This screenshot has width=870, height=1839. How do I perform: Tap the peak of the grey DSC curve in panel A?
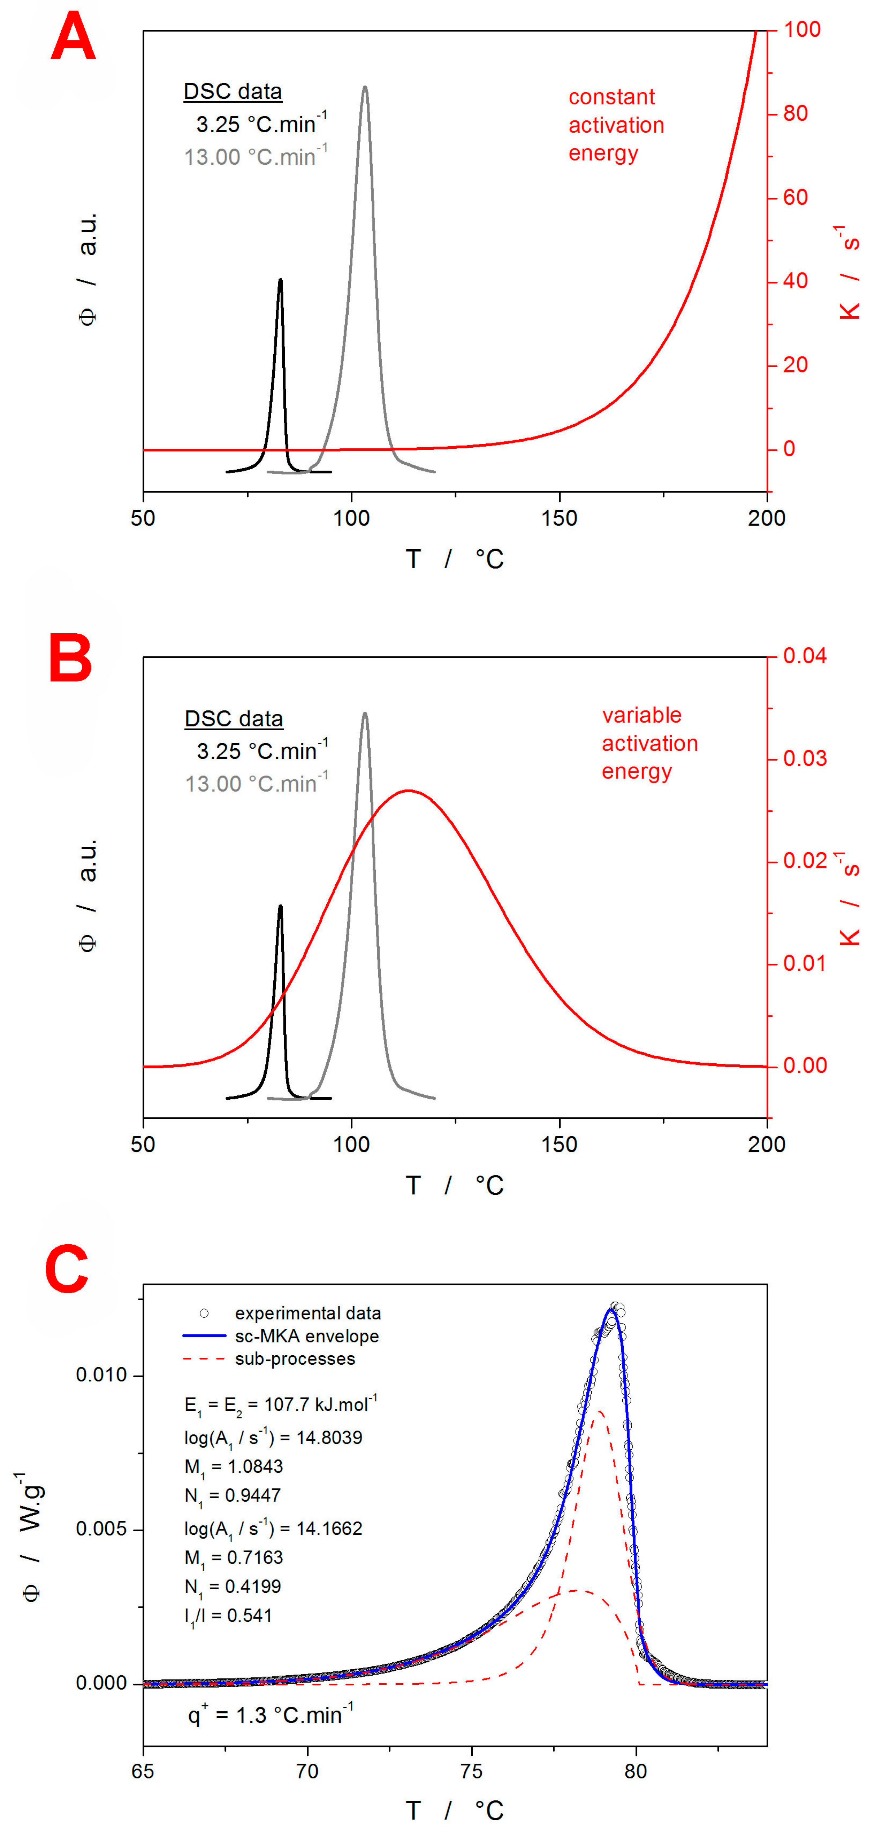click(x=365, y=88)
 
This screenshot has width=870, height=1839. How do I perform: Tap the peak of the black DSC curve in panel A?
click(x=280, y=280)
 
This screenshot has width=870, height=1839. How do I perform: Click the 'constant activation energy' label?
click(x=616, y=125)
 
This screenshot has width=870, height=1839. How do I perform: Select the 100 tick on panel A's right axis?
click(x=801, y=30)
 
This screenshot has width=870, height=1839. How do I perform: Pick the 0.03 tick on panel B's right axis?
click(x=804, y=758)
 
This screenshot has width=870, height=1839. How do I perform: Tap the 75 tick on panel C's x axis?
click(x=472, y=1772)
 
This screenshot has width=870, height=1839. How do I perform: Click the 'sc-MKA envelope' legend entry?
click(x=306, y=1337)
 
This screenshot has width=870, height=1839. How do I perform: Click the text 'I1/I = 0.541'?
click(x=229, y=1616)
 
